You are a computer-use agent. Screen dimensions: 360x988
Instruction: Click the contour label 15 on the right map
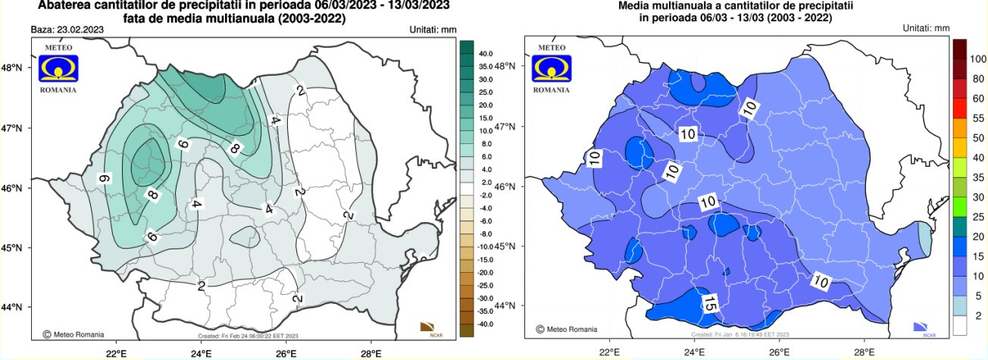coord(708,305)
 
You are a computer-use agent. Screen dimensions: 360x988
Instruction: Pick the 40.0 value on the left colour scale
coord(486,54)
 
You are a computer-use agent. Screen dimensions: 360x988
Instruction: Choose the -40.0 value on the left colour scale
coord(486,324)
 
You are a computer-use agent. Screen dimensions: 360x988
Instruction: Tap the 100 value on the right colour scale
coord(978,58)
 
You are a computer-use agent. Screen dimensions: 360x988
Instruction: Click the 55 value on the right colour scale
coord(978,118)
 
